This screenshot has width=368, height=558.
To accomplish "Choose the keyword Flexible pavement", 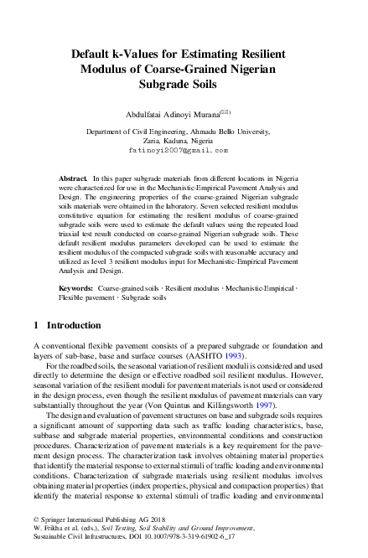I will (86, 297).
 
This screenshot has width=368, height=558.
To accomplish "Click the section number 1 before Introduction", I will (36, 324).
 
